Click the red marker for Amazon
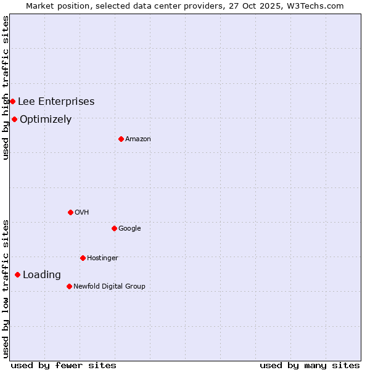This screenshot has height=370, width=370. coord(121,139)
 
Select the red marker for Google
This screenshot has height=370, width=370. coord(114,228)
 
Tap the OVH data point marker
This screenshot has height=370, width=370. coord(70,212)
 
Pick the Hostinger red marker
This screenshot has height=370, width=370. coord(83,258)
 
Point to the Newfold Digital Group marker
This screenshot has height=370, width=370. coord(69,286)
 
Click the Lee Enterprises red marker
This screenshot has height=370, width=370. coord(12,101)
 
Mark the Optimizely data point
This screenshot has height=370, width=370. coord(14,119)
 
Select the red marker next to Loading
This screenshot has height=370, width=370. coord(17,274)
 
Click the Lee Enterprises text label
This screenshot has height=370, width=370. coord(56,102)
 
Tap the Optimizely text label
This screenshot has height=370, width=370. coord(46,120)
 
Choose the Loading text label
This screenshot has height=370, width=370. coord(42,275)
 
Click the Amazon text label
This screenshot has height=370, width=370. coord(138,139)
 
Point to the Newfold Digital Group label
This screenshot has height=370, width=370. coord(109,286)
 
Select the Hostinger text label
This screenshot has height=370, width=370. coord(102,258)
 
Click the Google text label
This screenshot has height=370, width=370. coord(129,229)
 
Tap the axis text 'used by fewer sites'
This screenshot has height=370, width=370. coord(64,365)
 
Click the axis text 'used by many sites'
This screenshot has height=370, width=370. coord(310,365)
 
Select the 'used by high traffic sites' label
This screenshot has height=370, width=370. coord(6,88)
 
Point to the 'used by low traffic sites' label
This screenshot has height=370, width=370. coord(6,288)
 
